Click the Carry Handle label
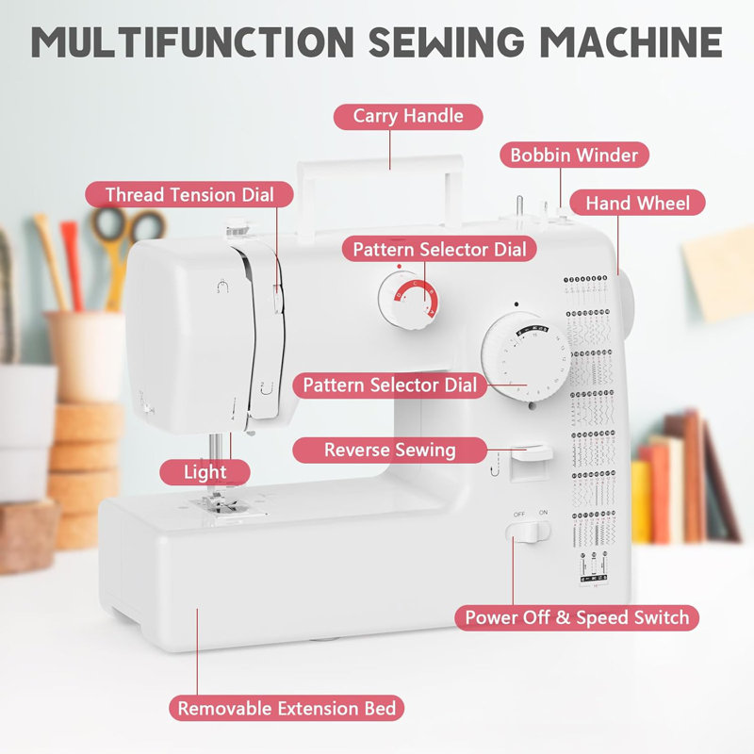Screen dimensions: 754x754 pyautogui.click(x=408, y=116)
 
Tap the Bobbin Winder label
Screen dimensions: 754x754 pyautogui.click(x=574, y=156)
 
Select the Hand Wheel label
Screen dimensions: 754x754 pyautogui.click(x=637, y=203)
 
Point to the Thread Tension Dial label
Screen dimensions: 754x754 pyautogui.click(x=189, y=195)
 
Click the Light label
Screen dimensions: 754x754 pyautogui.click(x=205, y=471)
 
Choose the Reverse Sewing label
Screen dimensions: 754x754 pyautogui.click(x=389, y=450)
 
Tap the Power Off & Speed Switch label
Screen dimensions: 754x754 pyautogui.click(x=577, y=618)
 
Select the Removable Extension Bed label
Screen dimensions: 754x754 pyautogui.click(x=287, y=708)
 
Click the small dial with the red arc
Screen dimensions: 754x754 pyautogui.click(x=408, y=301)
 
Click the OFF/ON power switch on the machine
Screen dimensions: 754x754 pyautogui.click(x=528, y=533)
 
